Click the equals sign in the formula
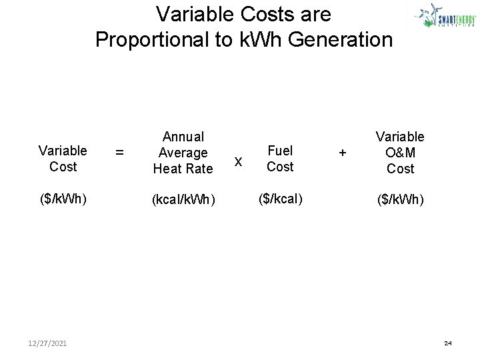point(119,153)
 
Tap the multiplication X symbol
point(239,161)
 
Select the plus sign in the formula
point(342,153)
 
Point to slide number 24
point(447,343)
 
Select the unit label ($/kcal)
point(279,199)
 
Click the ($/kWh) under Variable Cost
point(63,199)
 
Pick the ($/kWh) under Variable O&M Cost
point(400,199)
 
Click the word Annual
point(183,137)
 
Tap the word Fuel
point(280,151)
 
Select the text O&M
point(400,153)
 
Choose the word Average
point(183,153)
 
